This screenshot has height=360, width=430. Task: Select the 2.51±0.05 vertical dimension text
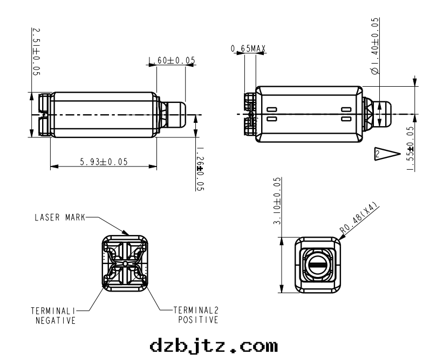[x=36, y=51]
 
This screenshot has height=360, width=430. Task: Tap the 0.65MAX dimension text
[x=248, y=49]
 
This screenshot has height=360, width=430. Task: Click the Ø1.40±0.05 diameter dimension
[x=376, y=45]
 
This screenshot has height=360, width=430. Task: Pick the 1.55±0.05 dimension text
[x=411, y=149]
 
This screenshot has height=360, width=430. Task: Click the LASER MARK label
[x=59, y=218]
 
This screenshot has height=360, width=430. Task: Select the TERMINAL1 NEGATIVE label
[x=52, y=315]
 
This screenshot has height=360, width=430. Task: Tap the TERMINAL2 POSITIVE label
[x=196, y=315]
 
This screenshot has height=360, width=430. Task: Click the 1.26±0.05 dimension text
[x=200, y=169]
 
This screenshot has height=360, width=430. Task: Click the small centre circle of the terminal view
[x=125, y=263]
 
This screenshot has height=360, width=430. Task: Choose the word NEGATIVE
[x=52, y=321]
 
